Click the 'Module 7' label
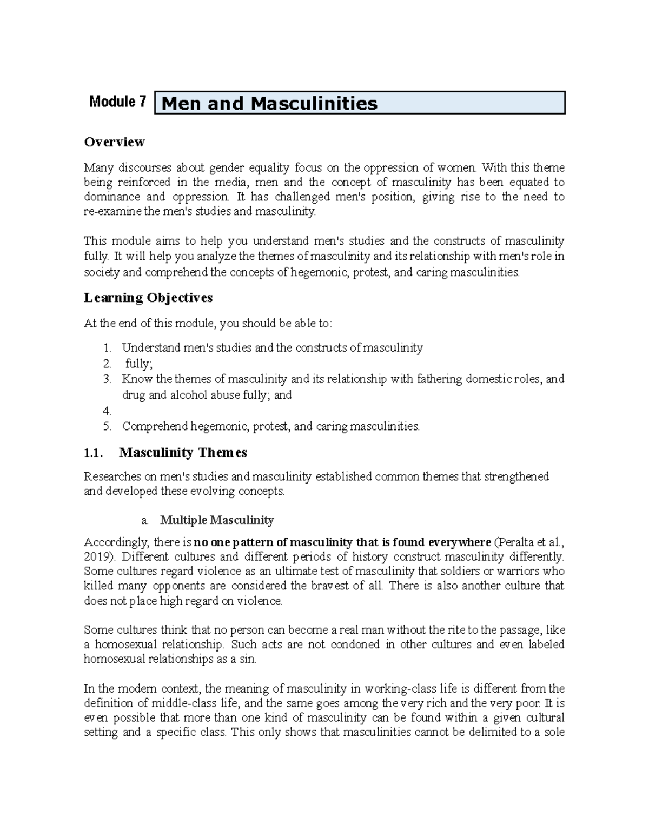tap(117, 102)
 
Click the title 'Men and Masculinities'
tap(269, 103)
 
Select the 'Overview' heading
tap(114, 142)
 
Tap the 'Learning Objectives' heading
tap(148, 298)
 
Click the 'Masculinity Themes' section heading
tap(183, 452)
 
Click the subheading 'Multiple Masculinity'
tap(217, 520)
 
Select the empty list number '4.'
tap(107, 411)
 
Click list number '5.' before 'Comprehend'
tap(107, 426)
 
